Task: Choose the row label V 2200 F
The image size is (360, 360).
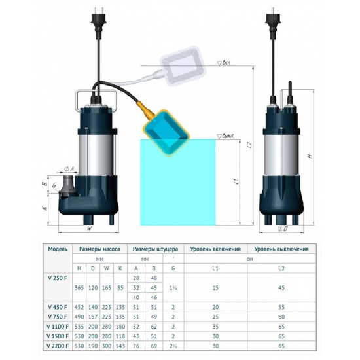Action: (60, 346)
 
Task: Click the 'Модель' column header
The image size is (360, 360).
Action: (60, 249)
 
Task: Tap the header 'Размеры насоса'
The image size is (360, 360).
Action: (99, 249)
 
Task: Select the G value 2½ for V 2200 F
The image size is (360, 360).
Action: (173, 346)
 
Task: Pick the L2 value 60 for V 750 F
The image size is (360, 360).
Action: (282, 316)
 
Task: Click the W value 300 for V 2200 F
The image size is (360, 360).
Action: (107, 346)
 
